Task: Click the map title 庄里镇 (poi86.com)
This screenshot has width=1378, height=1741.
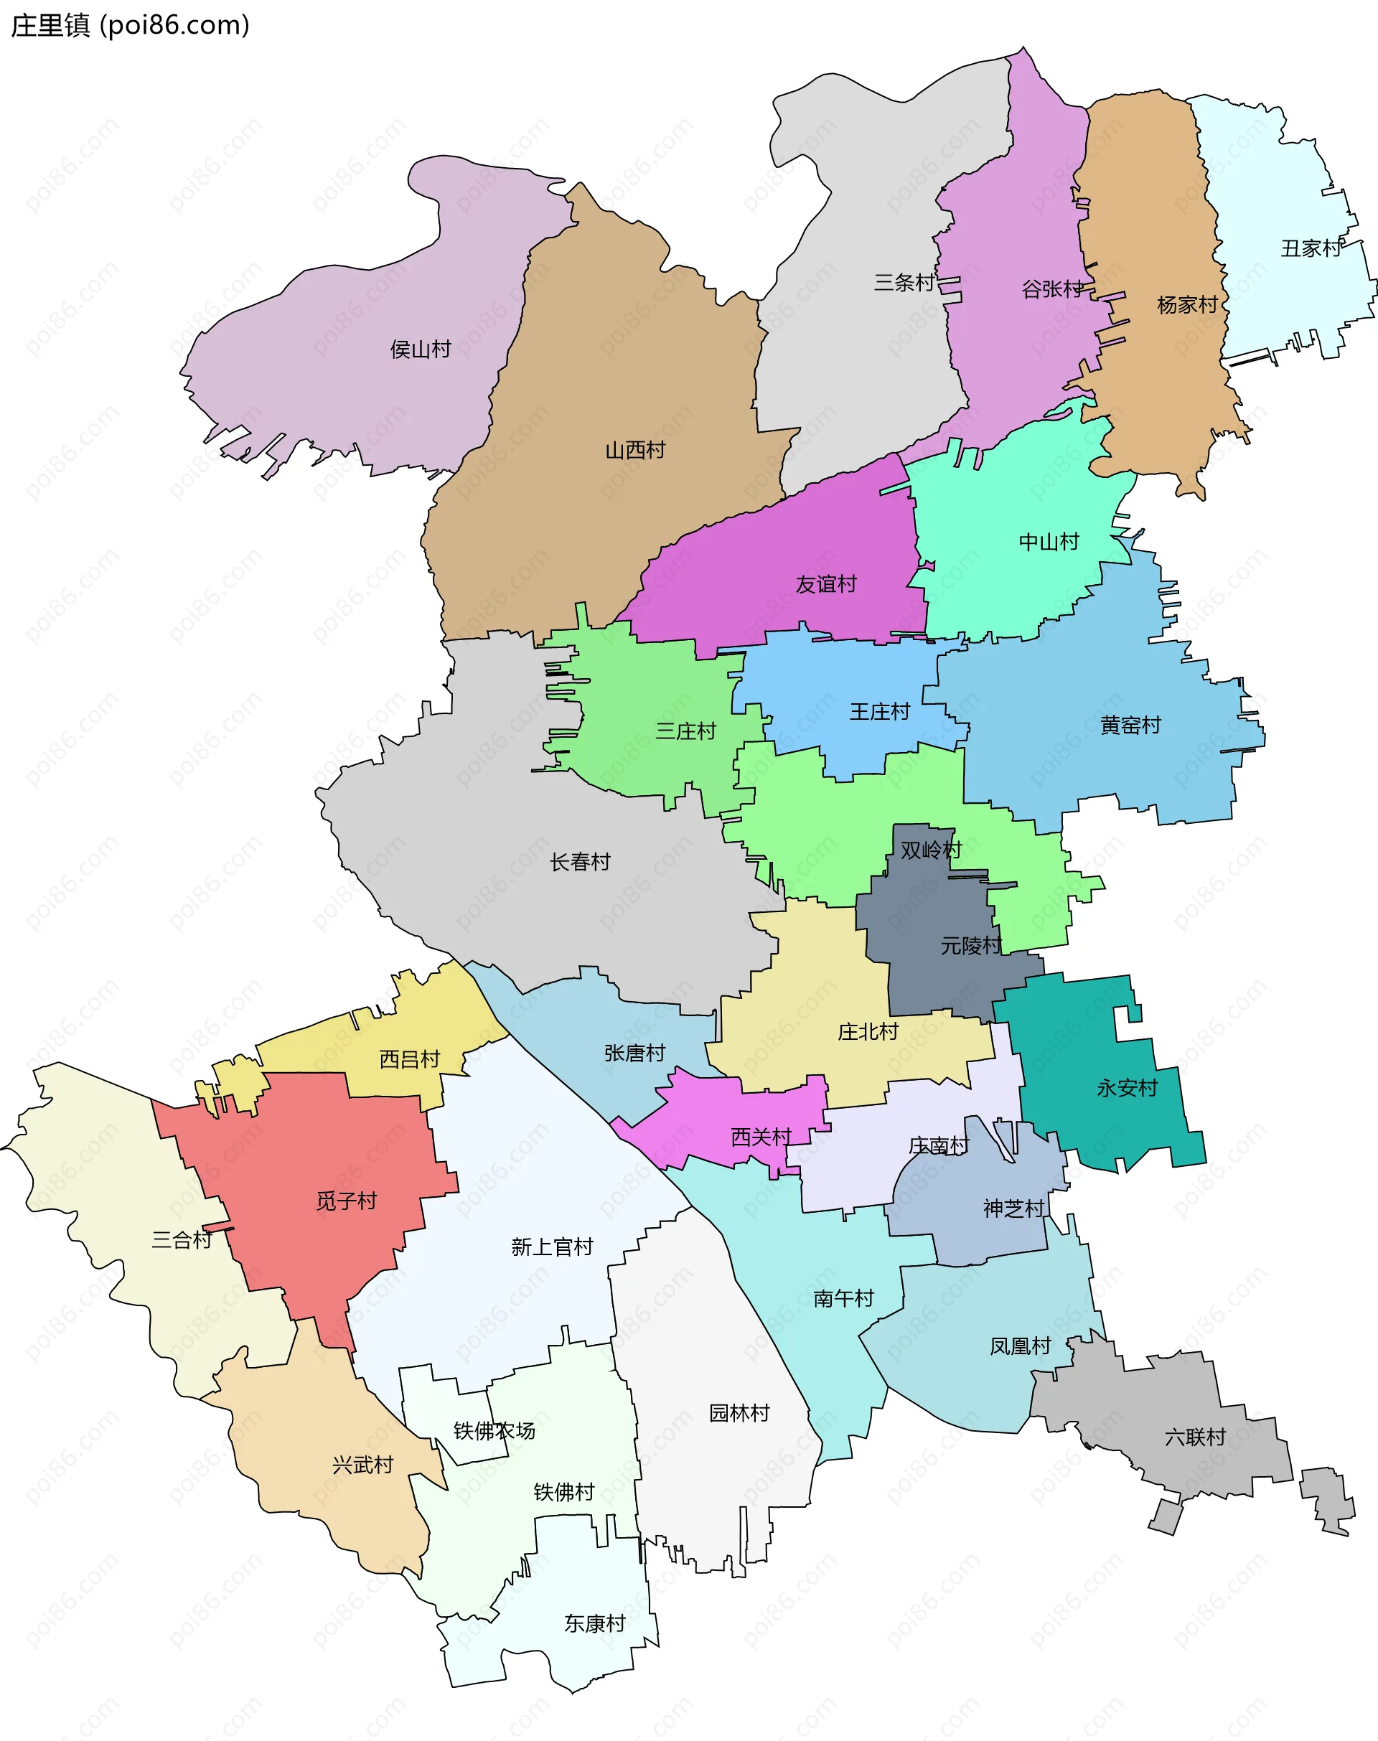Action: (130, 26)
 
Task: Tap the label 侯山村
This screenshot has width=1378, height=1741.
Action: (421, 349)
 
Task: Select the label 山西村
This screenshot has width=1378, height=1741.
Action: (635, 450)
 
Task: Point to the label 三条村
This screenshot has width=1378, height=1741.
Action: (904, 282)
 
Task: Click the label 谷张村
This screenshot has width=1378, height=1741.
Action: (1052, 288)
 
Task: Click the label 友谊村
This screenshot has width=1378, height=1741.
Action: (825, 584)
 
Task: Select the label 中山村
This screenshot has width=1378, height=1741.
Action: (1049, 541)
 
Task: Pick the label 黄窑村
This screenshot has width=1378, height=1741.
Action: (1130, 726)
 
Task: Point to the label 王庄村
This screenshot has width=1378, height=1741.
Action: (879, 712)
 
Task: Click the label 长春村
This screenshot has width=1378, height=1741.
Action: (580, 862)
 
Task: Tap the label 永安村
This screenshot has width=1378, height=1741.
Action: (1127, 1089)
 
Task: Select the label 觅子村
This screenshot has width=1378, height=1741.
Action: (346, 1201)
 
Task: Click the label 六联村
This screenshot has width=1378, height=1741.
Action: (1195, 1437)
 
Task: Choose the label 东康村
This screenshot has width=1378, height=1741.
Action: (594, 1623)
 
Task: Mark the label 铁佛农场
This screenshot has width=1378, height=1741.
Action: (494, 1430)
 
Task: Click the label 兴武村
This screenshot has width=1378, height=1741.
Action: (362, 1464)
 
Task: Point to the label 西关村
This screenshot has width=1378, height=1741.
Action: (761, 1137)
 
